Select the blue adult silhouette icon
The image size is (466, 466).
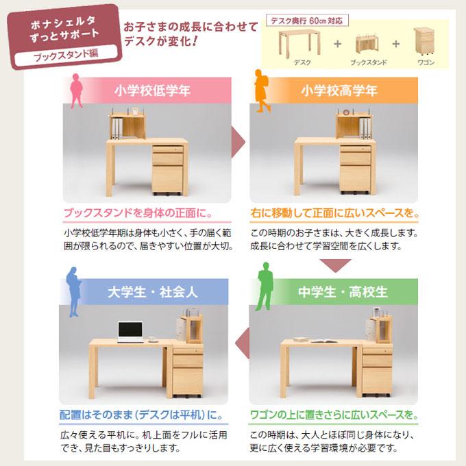tap(73, 287)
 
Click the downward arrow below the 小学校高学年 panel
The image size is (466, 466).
tap(335, 265)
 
